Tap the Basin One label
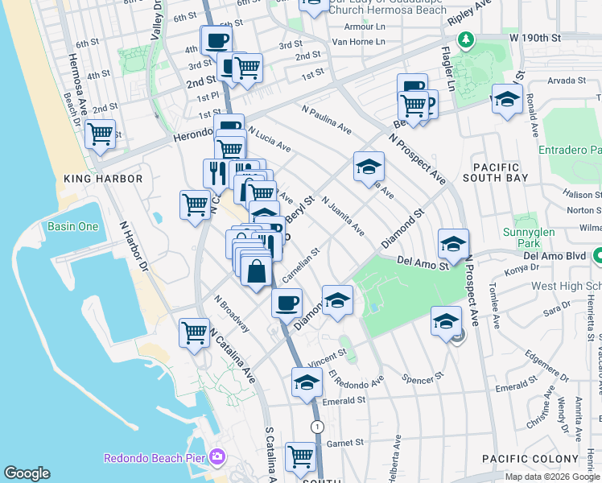(x=72, y=226)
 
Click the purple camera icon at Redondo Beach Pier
(x=216, y=457)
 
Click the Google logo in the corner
(x=27, y=473)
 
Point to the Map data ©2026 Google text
(x=552, y=477)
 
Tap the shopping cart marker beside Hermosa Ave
(x=100, y=135)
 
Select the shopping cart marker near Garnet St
(x=301, y=456)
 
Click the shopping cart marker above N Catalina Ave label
(x=195, y=332)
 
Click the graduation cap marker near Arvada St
(x=506, y=99)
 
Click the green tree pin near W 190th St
(x=465, y=39)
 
